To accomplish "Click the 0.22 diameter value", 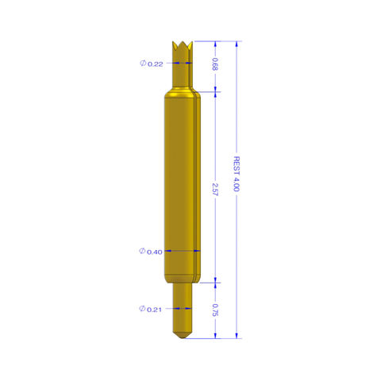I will coord(156,64).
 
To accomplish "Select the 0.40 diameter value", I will coord(156,252).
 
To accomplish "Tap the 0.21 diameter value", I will coord(156,309).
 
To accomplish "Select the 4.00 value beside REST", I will coord(236,189).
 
